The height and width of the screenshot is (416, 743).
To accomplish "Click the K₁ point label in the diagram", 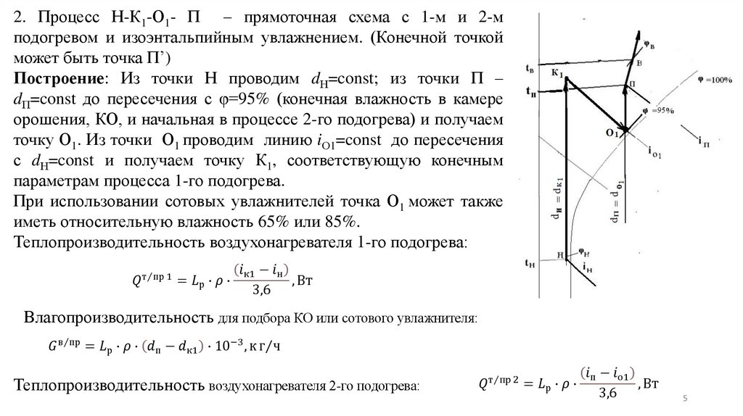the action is tap(557, 74).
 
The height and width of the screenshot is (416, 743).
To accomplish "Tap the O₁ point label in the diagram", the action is tap(612, 133).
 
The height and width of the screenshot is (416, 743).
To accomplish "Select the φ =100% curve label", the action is tap(713, 79).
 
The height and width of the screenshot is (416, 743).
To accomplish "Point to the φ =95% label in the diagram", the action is tap(660, 111).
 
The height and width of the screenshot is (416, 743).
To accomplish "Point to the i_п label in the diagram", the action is tap(702, 138).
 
